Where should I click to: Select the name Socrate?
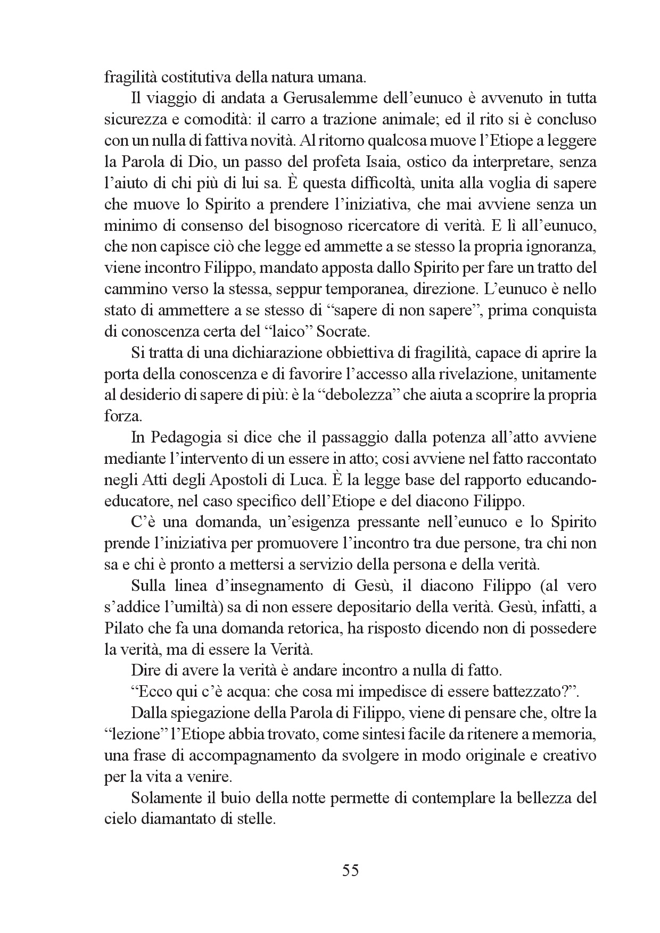pos(342,331)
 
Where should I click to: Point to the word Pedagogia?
pos(186,437)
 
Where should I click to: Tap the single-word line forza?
pos(121,416)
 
